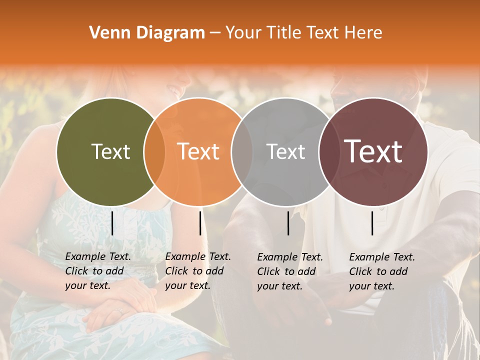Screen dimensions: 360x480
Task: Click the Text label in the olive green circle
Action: pyautogui.click(x=110, y=151)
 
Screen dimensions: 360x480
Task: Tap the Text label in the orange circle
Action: pyautogui.click(x=198, y=151)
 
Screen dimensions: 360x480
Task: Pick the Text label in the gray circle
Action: pyautogui.click(x=285, y=151)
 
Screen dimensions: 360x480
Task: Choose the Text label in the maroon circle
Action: pyautogui.click(x=373, y=151)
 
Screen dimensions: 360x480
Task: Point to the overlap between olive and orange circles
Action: pyautogui.click(x=154, y=152)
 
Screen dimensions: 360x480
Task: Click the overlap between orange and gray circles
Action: pyautogui.click(x=242, y=152)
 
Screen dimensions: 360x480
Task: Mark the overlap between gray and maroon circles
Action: pyautogui.click(x=329, y=152)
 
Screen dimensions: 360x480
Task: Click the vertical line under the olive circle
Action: pyautogui.click(x=112, y=223)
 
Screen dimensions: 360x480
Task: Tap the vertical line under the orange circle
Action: pyautogui.click(x=200, y=223)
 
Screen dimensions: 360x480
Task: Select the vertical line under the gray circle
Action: pyautogui.click(x=288, y=223)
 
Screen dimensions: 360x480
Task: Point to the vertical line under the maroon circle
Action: pyautogui.click(x=372, y=223)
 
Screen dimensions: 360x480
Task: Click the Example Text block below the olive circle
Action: pyautogui.click(x=97, y=271)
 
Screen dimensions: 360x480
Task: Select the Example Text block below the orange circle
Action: pyautogui.click(x=197, y=271)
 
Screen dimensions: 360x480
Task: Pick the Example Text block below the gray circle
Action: pyautogui.click(x=289, y=271)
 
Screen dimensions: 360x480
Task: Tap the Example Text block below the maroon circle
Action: pyautogui.click(x=381, y=271)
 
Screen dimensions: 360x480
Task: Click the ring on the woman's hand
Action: pyautogui.click(x=119, y=311)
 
